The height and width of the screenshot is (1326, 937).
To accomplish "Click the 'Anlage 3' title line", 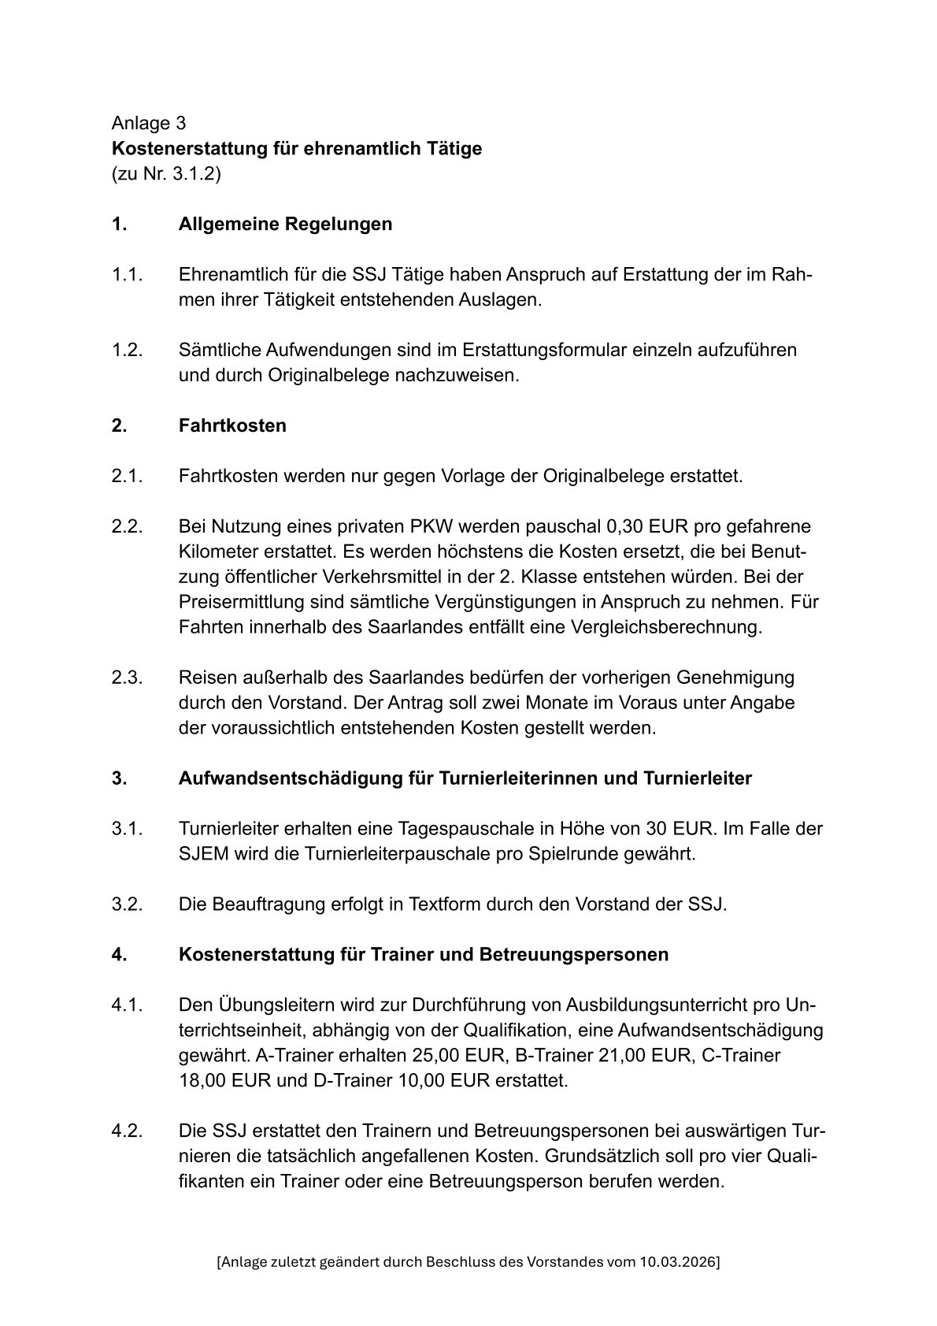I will (x=149, y=123).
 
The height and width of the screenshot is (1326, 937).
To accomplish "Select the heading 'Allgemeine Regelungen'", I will (x=285, y=224).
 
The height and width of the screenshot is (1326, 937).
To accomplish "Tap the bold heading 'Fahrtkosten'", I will (x=232, y=425).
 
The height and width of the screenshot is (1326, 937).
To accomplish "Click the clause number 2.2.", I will (x=127, y=526).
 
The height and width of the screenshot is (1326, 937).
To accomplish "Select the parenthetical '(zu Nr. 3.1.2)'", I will (x=166, y=173).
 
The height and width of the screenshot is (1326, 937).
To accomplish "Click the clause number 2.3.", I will (x=127, y=678).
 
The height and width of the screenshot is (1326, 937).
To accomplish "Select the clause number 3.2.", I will (x=127, y=904).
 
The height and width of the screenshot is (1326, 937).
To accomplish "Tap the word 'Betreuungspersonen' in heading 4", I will (x=573, y=954).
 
